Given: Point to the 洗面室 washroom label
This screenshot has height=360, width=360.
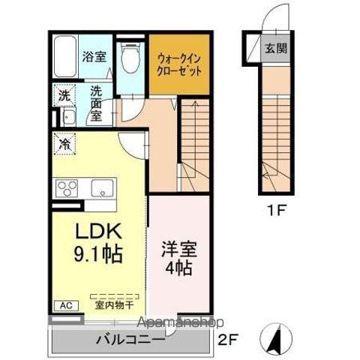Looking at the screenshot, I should [x=96, y=104].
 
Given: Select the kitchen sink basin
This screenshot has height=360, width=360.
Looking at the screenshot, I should [x=103, y=187].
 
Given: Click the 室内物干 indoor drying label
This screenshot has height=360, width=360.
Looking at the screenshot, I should [x=112, y=306].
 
